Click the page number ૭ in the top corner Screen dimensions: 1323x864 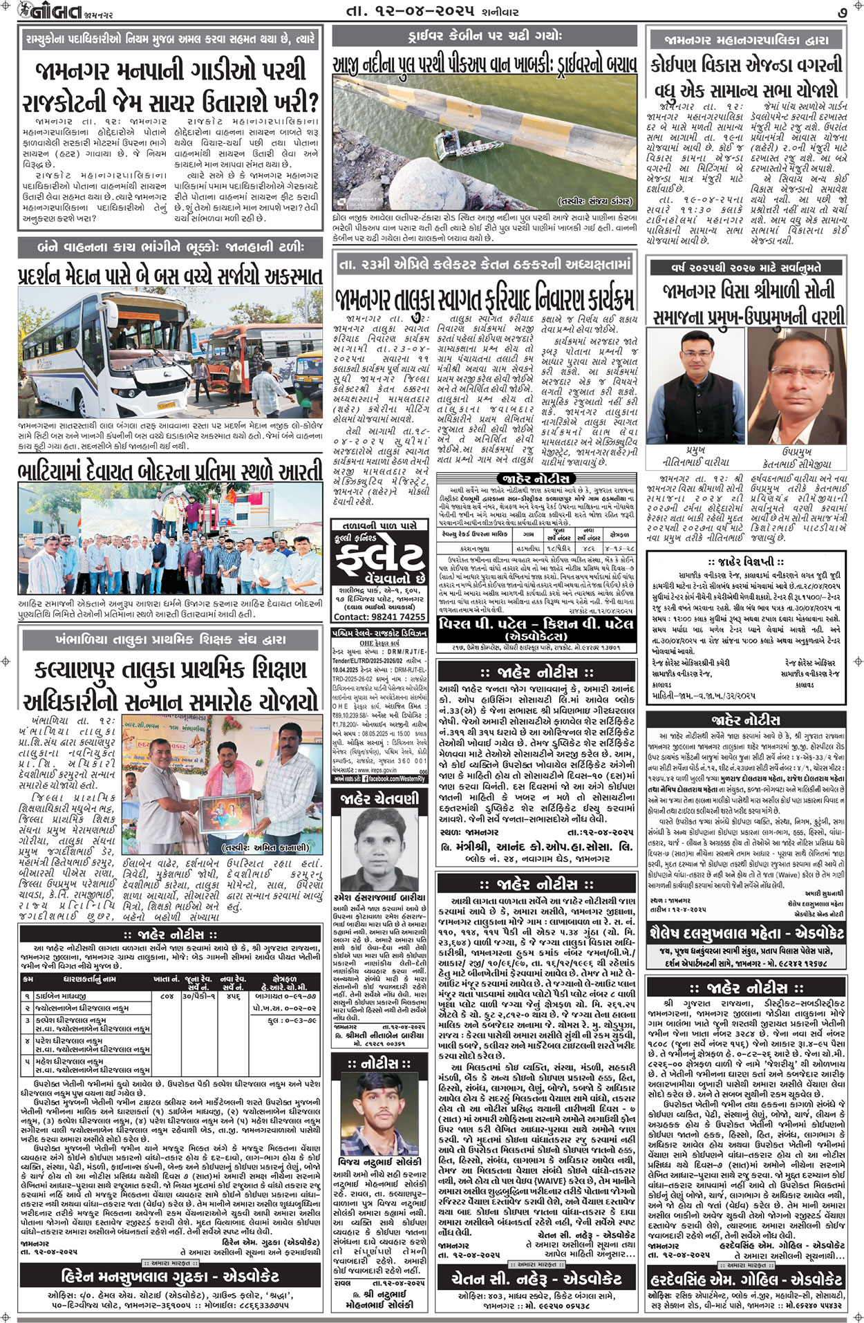(843, 12)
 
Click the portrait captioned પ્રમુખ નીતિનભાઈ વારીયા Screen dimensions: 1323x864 (695, 398)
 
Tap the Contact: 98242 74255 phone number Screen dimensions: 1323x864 (379, 617)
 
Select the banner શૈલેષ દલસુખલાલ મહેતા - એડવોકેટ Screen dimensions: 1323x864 (745, 933)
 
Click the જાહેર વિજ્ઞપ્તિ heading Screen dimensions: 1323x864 (745, 562)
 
